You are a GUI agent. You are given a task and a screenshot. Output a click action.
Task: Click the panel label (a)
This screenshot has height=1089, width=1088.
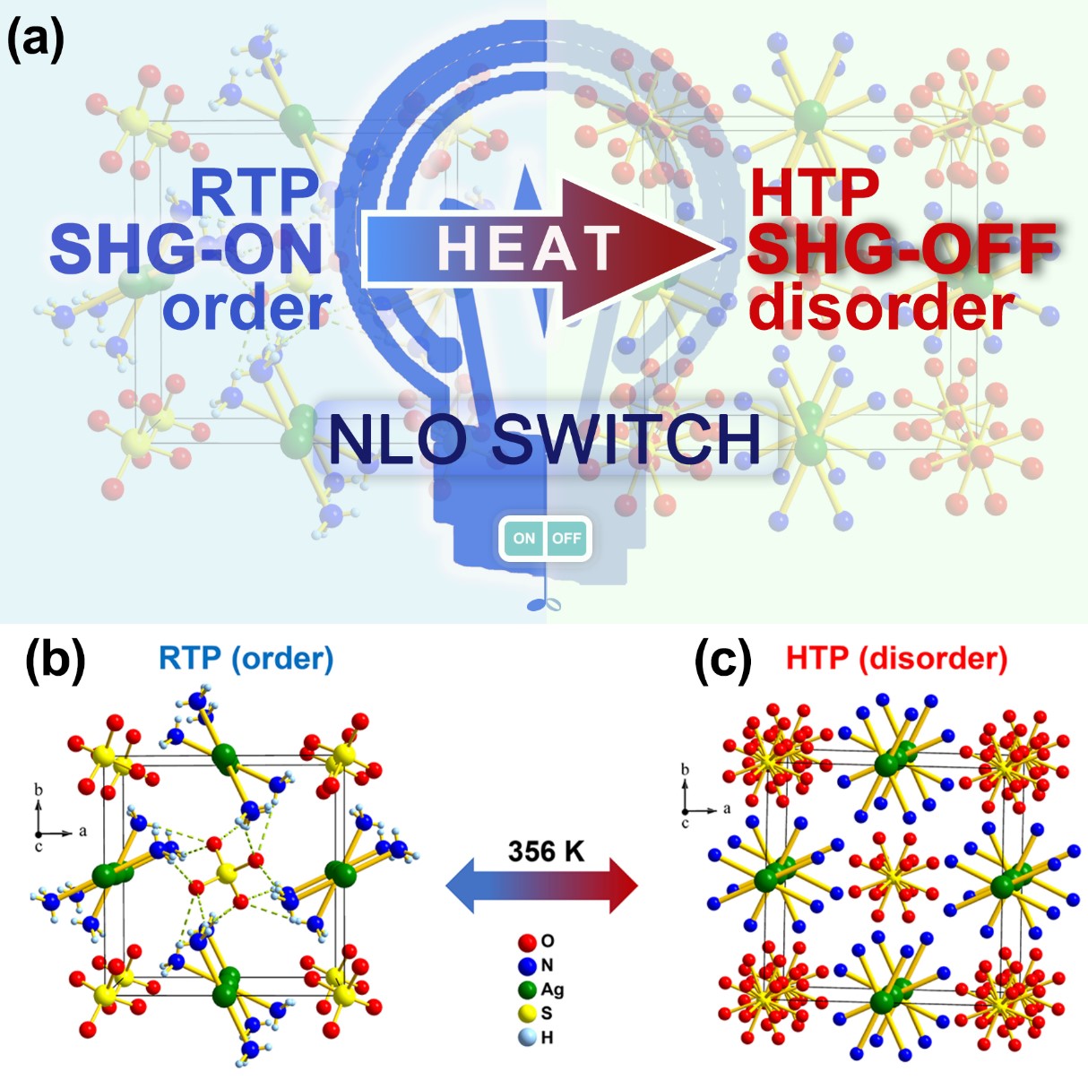35,40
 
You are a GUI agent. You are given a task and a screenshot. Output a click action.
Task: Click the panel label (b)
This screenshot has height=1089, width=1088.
55,661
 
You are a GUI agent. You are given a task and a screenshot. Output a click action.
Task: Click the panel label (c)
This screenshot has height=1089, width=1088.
722,661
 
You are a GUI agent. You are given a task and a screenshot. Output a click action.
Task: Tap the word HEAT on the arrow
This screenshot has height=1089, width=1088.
529,247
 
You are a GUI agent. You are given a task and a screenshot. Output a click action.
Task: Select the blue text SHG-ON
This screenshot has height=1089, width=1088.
186,248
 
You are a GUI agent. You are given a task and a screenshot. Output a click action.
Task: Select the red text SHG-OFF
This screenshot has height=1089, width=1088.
901,248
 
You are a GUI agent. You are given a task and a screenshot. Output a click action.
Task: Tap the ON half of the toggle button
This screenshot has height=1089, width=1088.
523,538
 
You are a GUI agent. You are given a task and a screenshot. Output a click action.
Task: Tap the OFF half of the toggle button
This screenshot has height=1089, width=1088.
566,538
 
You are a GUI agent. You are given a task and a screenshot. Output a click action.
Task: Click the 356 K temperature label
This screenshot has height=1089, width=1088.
545,851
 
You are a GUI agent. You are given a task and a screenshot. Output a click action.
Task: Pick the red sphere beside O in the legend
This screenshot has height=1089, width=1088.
527,942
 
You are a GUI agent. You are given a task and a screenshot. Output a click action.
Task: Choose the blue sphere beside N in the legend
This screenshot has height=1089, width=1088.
527,965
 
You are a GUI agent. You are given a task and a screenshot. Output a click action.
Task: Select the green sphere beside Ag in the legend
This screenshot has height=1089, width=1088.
527,990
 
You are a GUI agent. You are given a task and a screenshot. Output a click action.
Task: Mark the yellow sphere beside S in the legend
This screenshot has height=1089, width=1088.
527,1014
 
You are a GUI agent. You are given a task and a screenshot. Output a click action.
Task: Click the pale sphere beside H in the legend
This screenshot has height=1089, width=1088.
527,1037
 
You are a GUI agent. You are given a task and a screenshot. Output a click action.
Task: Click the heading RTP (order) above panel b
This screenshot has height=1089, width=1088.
246,659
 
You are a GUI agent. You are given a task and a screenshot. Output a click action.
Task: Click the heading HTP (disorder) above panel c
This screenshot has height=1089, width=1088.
896,659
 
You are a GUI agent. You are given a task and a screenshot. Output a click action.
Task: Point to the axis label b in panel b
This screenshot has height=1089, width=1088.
39,790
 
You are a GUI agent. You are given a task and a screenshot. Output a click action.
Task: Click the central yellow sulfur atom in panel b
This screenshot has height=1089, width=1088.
226,872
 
